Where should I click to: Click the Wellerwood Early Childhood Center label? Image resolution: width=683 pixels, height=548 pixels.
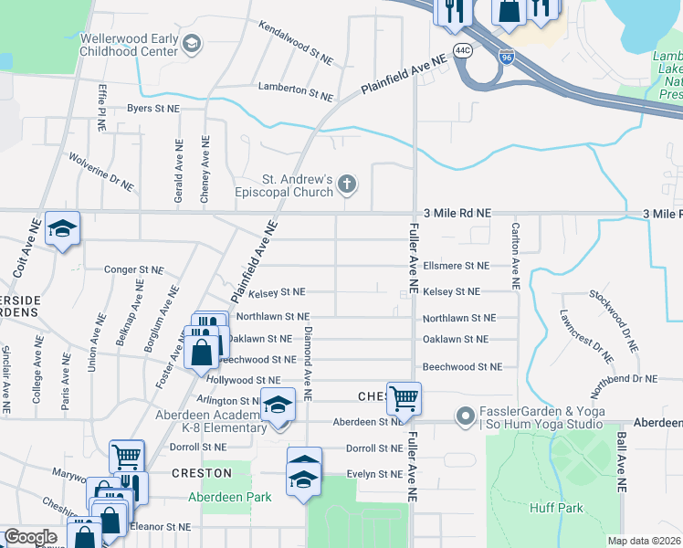[x=128, y=45]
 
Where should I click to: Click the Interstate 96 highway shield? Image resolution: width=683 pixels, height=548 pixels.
[x=507, y=58]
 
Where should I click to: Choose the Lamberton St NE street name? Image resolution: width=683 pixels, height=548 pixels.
[x=295, y=90]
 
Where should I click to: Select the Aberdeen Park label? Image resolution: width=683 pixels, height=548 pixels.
[x=217, y=498]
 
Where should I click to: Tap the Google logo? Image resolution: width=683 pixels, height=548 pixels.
[x=30, y=537]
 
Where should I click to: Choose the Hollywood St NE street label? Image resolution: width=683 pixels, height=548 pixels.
[x=244, y=379]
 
